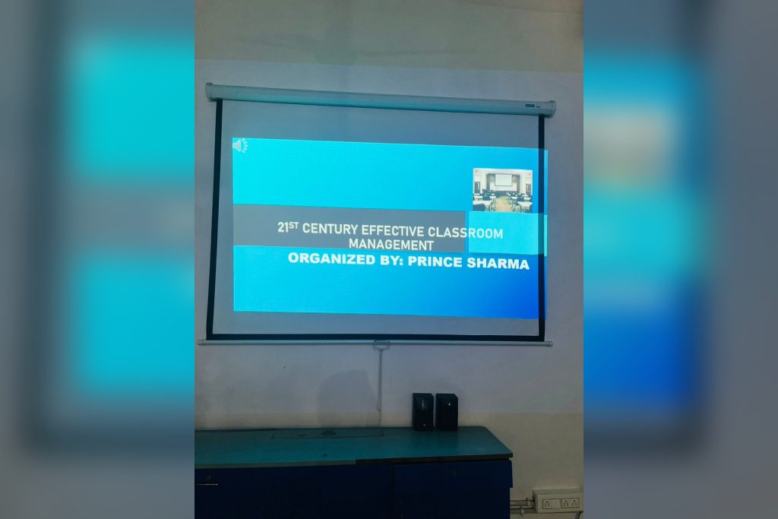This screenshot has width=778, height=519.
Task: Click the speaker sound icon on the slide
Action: tap(240, 145)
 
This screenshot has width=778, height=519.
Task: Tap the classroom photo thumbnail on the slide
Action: tap(503, 190)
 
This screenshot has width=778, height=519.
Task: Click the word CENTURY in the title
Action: tap(330, 229)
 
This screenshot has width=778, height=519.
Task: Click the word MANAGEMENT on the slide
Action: tap(391, 245)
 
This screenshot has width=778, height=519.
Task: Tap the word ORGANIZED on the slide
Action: tap(331, 258)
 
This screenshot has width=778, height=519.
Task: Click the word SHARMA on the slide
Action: tap(498, 264)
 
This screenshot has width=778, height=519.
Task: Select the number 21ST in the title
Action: tap(288, 226)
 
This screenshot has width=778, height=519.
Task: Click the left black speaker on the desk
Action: tap(422, 411)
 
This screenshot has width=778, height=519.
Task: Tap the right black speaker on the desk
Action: tap(446, 411)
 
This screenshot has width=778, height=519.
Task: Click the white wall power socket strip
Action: tap(557, 501)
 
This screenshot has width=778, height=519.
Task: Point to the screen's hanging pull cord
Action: tap(380, 377)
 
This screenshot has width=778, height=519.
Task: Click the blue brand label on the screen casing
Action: tap(530, 106)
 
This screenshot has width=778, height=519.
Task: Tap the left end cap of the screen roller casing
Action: tap(210, 91)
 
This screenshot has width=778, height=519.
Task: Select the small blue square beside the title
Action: tap(504, 233)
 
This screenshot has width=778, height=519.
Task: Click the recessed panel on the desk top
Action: tap(327, 433)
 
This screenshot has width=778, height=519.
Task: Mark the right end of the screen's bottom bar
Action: tap(551, 343)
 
